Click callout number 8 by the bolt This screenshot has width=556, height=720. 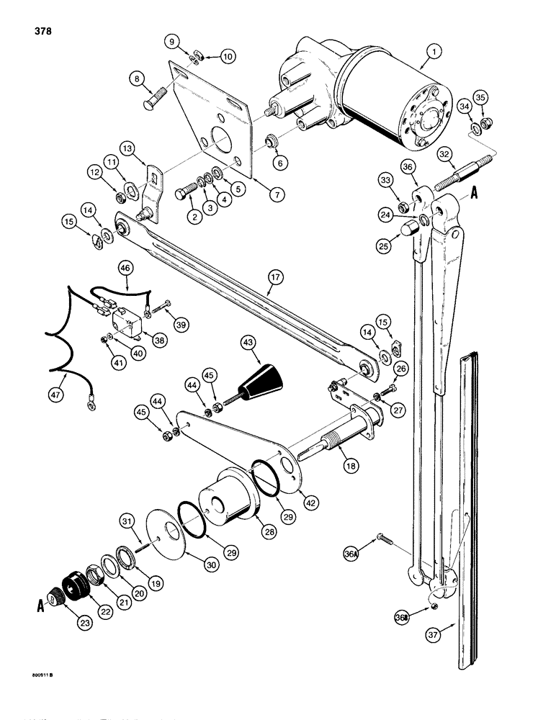pos(138,77)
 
